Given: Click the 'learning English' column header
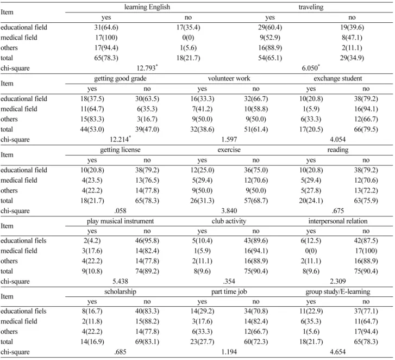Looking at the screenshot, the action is (x=147, y=7).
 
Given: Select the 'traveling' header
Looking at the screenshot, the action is (x=311, y=7).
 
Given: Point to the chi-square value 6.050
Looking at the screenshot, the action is (x=311, y=68).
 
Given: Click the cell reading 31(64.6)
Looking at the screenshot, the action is (x=106, y=27).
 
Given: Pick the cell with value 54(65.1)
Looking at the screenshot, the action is (x=270, y=58).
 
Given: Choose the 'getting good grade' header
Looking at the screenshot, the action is (x=120, y=78).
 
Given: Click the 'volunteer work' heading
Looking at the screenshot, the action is (x=229, y=78).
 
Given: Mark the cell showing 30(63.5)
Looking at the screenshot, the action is (x=147, y=98).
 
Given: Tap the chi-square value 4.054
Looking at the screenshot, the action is (x=338, y=139).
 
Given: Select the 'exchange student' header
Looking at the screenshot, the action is (x=338, y=78).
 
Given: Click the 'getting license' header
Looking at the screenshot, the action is (x=120, y=150).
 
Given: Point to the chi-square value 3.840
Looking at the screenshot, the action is (x=229, y=211).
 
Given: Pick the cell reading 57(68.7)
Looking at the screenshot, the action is (x=256, y=201).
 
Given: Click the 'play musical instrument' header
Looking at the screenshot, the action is (x=120, y=221).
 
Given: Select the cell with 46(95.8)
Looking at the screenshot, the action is (x=147, y=241).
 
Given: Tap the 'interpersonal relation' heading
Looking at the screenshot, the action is (x=338, y=221).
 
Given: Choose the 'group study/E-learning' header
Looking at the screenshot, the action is (x=338, y=291).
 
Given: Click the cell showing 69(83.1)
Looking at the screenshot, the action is (x=147, y=342).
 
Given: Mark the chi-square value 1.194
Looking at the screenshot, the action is (x=229, y=352).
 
